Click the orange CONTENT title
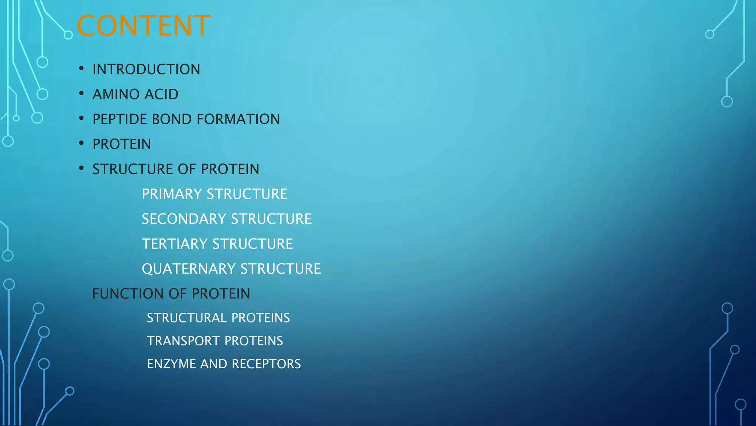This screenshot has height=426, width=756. pyautogui.click(x=144, y=26)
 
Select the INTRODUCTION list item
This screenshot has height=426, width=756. pyautogui.click(x=146, y=70)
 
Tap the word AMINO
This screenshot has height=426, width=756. pyautogui.click(x=116, y=94)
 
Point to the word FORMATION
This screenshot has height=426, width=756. pyautogui.click(x=238, y=119)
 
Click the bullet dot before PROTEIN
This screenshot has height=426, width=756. pyautogui.click(x=81, y=143)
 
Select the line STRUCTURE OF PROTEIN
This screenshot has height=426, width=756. pyautogui.click(x=176, y=169)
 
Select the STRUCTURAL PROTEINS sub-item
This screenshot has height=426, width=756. pyautogui.click(x=218, y=318)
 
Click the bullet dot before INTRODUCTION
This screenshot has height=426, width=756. pyautogui.click(x=81, y=69)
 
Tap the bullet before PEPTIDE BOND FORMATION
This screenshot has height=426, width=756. pyautogui.click(x=81, y=119)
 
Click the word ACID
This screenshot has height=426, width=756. pyautogui.click(x=161, y=94)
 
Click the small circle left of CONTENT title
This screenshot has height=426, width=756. pyautogui.click(x=68, y=35)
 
